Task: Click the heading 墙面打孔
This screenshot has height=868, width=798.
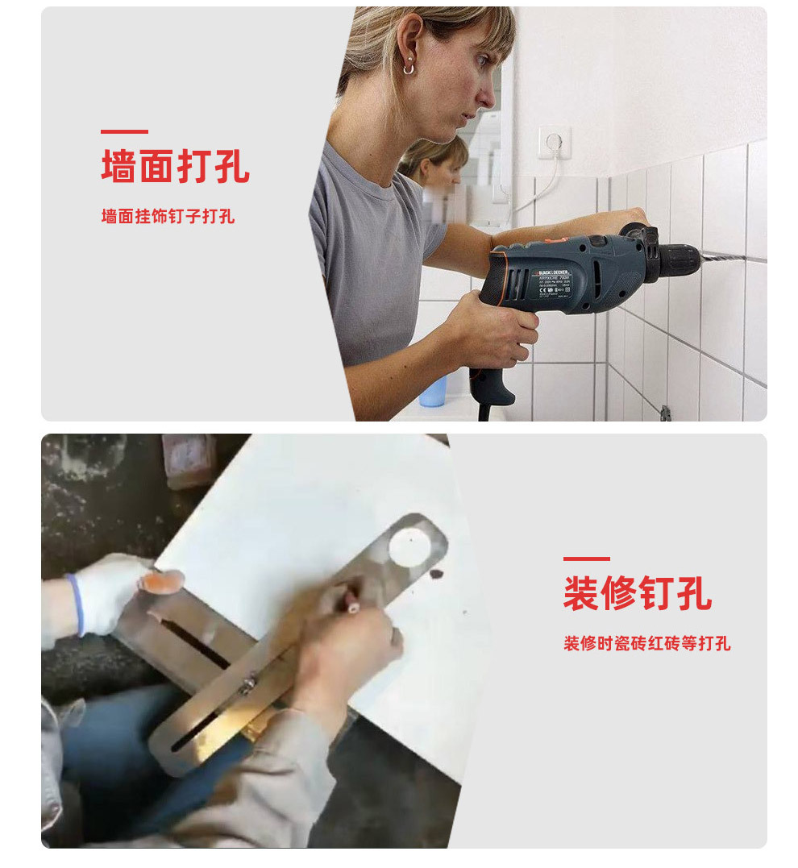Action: click(x=175, y=165)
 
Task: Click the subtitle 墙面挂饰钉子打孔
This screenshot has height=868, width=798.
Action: click(x=168, y=216)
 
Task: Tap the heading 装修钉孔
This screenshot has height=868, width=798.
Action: click(x=637, y=593)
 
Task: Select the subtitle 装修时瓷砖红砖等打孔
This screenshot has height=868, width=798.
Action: click(x=646, y=643)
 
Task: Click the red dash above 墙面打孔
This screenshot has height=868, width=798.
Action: click(x=124, y=131)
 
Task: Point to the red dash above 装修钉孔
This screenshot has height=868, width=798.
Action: click(x=586, y=559)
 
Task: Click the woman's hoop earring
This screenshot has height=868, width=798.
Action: click(x=409, y=69)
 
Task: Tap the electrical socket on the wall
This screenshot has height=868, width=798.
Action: click(x=554, y=143)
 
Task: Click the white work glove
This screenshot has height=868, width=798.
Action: click(x=113, y=592)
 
